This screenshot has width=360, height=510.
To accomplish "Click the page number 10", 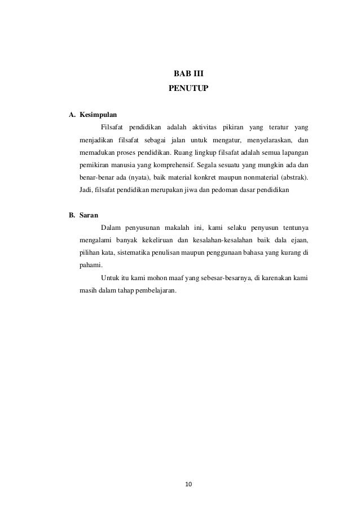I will point(188,484).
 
